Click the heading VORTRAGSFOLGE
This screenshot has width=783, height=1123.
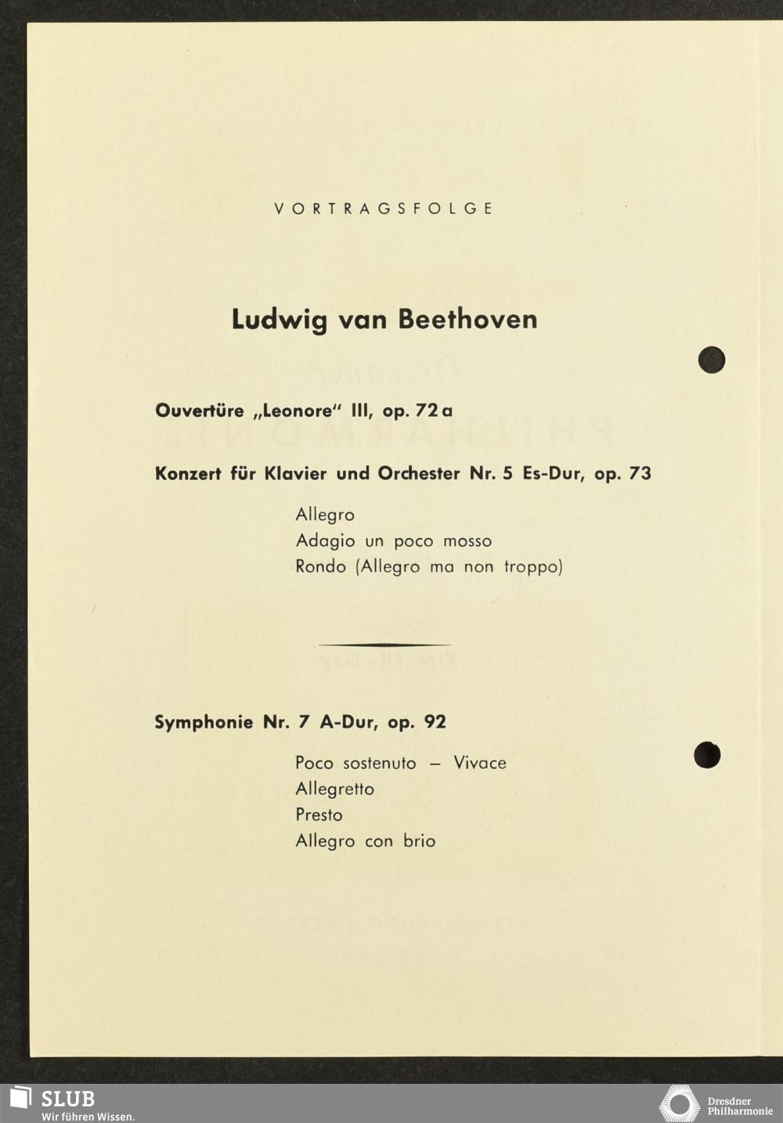point(384,209)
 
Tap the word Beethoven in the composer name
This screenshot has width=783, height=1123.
point(467,320)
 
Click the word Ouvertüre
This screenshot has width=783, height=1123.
point(200,410)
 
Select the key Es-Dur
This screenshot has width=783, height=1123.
point(551,474)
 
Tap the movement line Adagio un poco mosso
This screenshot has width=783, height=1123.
point(393,541)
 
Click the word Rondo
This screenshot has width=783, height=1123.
point(320,566)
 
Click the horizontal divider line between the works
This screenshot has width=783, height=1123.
point(384,645)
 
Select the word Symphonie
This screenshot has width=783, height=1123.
point(204,722)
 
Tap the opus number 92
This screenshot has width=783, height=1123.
point(435,722)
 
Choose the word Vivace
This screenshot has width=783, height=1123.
point(480,763)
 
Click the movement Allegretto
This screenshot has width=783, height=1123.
point(334,789)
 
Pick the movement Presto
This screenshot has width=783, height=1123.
point(319,815)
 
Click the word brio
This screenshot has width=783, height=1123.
point(419,841)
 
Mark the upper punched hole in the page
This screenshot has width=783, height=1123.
point(712,359)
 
